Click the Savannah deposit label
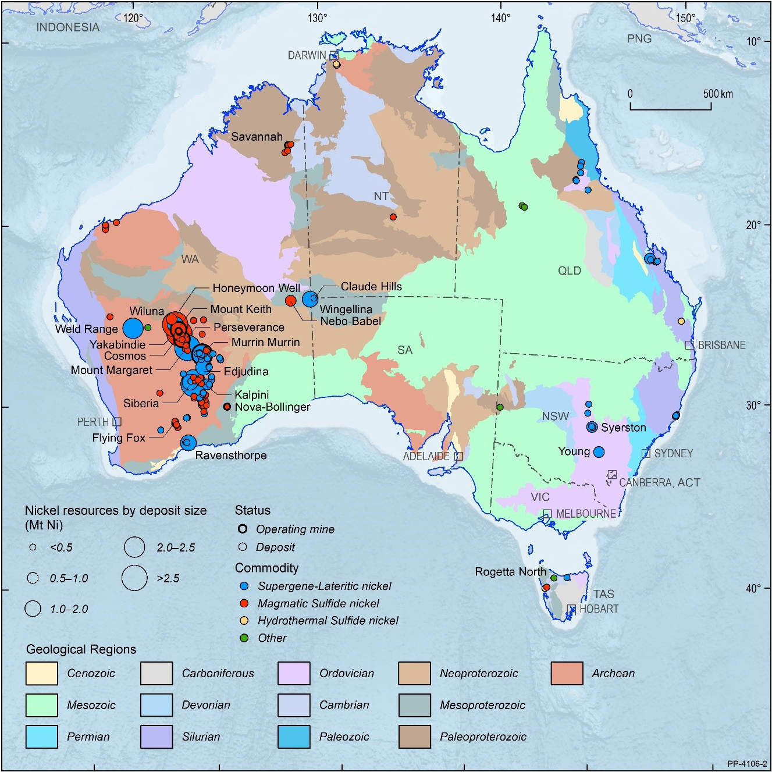coord(257,137)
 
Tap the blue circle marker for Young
coord(599,452)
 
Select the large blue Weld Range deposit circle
coord(133,328)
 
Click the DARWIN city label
coord(307,55)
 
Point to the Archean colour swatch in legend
coord(567,673)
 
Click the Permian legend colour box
coord(42,737)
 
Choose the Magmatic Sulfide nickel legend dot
coord(244,603)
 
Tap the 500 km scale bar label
coord(718,94)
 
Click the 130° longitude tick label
coord(317,18)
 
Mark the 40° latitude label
coord(753,588)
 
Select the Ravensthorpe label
coord(231,455)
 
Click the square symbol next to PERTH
coord(117,422)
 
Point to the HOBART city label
coord(599,609)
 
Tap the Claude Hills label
coord(371,286)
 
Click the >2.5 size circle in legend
coord(134,578)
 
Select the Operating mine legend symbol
coord(243,529)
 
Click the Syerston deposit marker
coord(592,427)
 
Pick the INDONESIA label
coord(67,27)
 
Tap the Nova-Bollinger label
coord(272,407)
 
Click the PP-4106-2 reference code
coord(747,764)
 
